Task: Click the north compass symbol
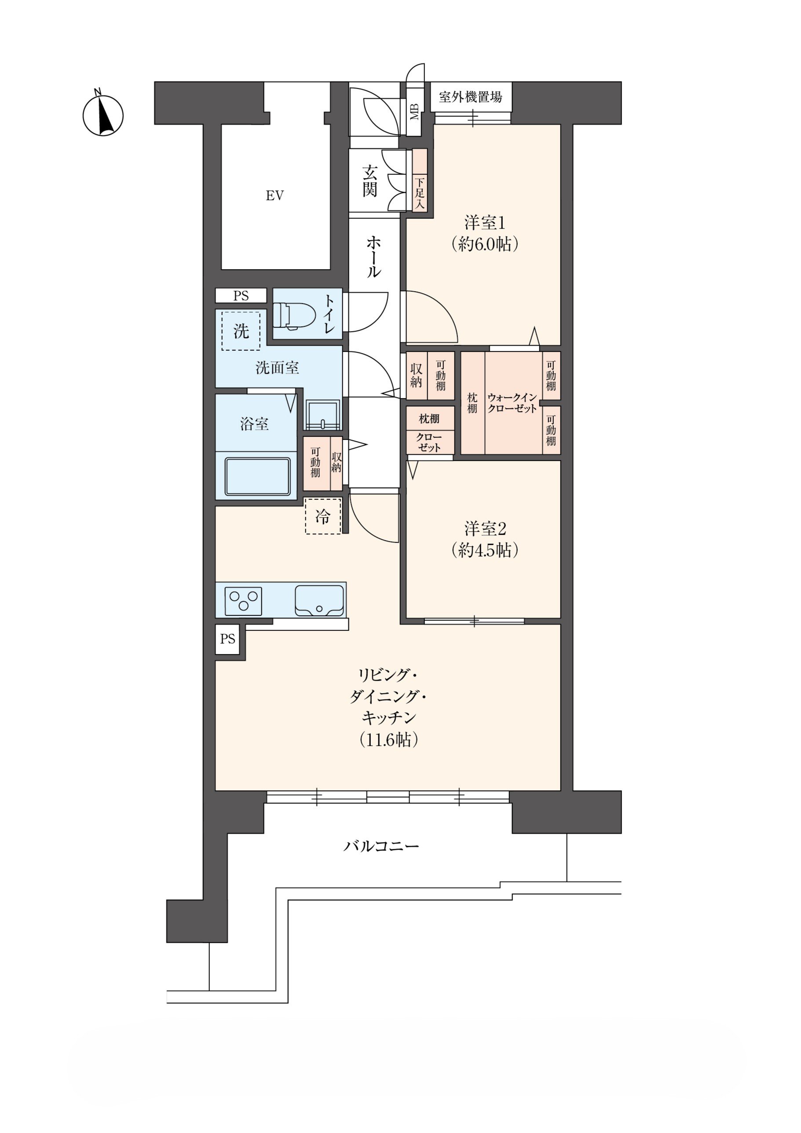click(x=102, y=115)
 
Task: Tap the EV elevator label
click(x=275, y=196)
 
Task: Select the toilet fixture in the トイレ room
click(x=295, y=315)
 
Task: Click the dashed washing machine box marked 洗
click(x=241, y=331)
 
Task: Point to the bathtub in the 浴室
click(x=257, y=476)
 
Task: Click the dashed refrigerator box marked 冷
click(x=323, y=516)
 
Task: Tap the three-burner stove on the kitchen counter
click(x=243, y=601)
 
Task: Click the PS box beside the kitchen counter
click(x=227, y=639)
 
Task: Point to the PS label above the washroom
click(x=241, y=296)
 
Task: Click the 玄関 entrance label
click(x=370, y=182)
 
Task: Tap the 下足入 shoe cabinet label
click(x=420, y=193)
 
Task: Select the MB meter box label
click(x=414, y=112)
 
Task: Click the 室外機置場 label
click(x=470, y=97)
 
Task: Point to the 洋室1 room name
click(x=485, y=223)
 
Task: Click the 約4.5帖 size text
click(x=485, y=550)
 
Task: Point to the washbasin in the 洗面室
click(x=322, y=414)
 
